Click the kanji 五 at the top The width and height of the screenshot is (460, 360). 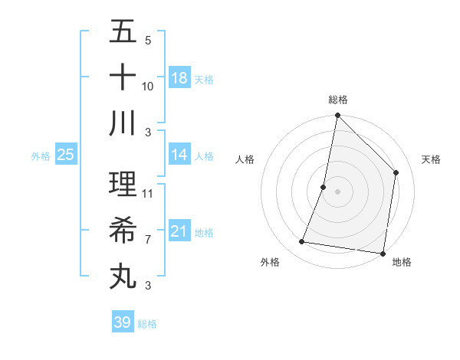123,33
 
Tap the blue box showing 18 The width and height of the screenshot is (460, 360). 179,78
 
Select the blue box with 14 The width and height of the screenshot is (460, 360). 179,155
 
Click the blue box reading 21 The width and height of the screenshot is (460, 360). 179,231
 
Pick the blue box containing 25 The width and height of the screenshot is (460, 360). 66,155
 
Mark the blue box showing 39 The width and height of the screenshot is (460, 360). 123,322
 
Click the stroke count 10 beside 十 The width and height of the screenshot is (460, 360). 148,87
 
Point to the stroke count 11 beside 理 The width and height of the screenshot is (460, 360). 148,194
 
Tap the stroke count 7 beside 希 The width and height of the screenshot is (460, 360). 148,240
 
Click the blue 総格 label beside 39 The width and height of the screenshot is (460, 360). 147,324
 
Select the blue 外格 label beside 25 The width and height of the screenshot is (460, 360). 41,156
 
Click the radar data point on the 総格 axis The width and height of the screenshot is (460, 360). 337,116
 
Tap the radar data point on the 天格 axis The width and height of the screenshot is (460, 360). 396,172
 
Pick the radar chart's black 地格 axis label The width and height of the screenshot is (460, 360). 402,263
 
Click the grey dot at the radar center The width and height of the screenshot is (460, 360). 337,191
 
